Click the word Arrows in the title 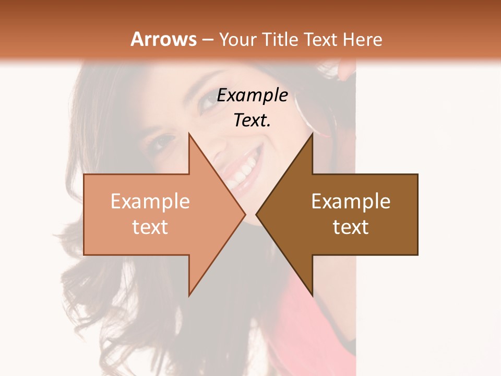[163, 39]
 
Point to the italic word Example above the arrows [252, 95]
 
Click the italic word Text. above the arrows [252, 120]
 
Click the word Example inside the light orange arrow [150, 201]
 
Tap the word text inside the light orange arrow [150, 227]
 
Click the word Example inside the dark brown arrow [351, 201]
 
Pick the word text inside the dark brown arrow [351, 227]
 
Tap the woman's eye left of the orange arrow [163, 142]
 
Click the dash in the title [208, 40]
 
